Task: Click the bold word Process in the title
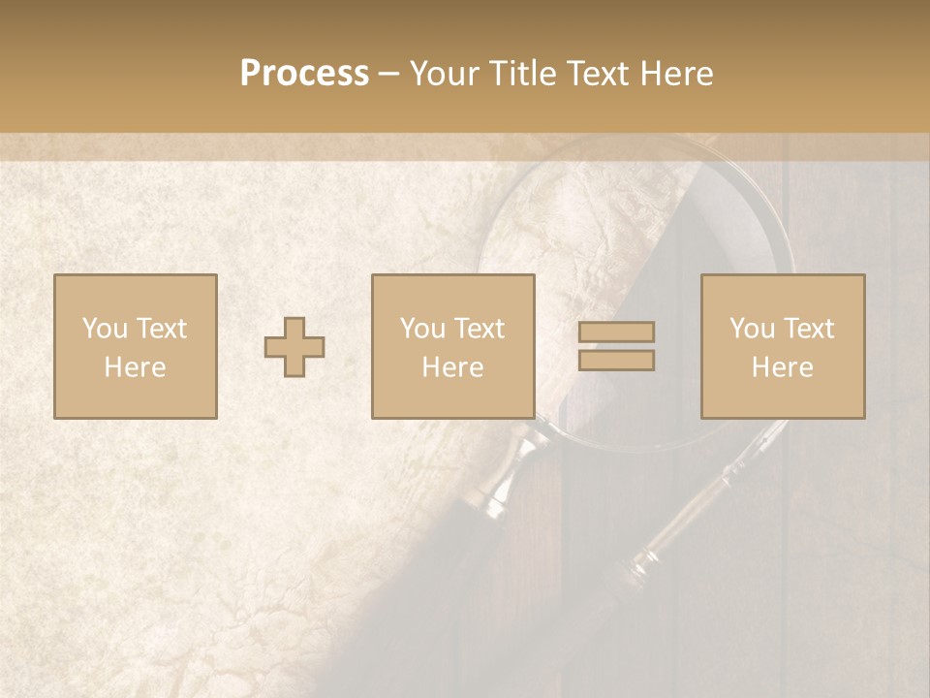pos(304,74)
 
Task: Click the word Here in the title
pos(677,74)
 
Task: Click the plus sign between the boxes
pos(294,347)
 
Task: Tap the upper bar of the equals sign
pos(616,333)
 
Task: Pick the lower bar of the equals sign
pos(616,361)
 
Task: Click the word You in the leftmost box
pos(104,329)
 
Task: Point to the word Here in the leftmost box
pos(135,367)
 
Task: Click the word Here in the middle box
pos(452,367)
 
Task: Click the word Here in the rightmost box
pos(782,367)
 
